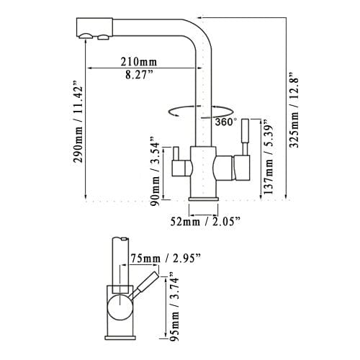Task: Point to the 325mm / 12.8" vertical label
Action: click(293, 109)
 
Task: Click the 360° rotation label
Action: click(225, 122)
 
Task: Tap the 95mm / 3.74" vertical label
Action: click(171, 305)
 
